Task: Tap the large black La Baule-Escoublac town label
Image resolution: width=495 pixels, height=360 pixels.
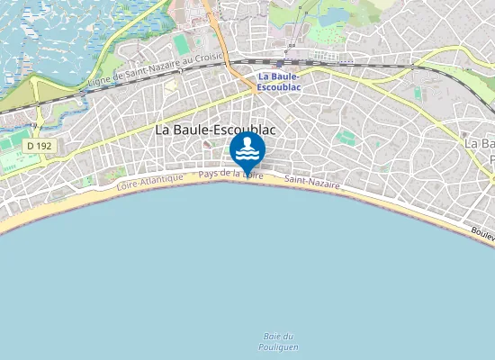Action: point(215,130)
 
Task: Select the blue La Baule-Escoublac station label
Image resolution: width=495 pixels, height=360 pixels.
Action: point(278,82)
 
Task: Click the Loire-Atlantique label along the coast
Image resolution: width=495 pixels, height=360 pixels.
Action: point(149,182)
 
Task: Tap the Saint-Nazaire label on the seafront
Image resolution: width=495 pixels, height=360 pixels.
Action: point(312,183)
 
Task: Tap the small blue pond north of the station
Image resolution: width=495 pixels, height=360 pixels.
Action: point(335,15)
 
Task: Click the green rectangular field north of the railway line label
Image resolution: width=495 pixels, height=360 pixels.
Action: point(183,43)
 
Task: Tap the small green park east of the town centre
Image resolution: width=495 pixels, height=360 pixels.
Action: point(346,138)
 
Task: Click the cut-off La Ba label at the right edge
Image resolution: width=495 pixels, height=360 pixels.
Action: point(479,144)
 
